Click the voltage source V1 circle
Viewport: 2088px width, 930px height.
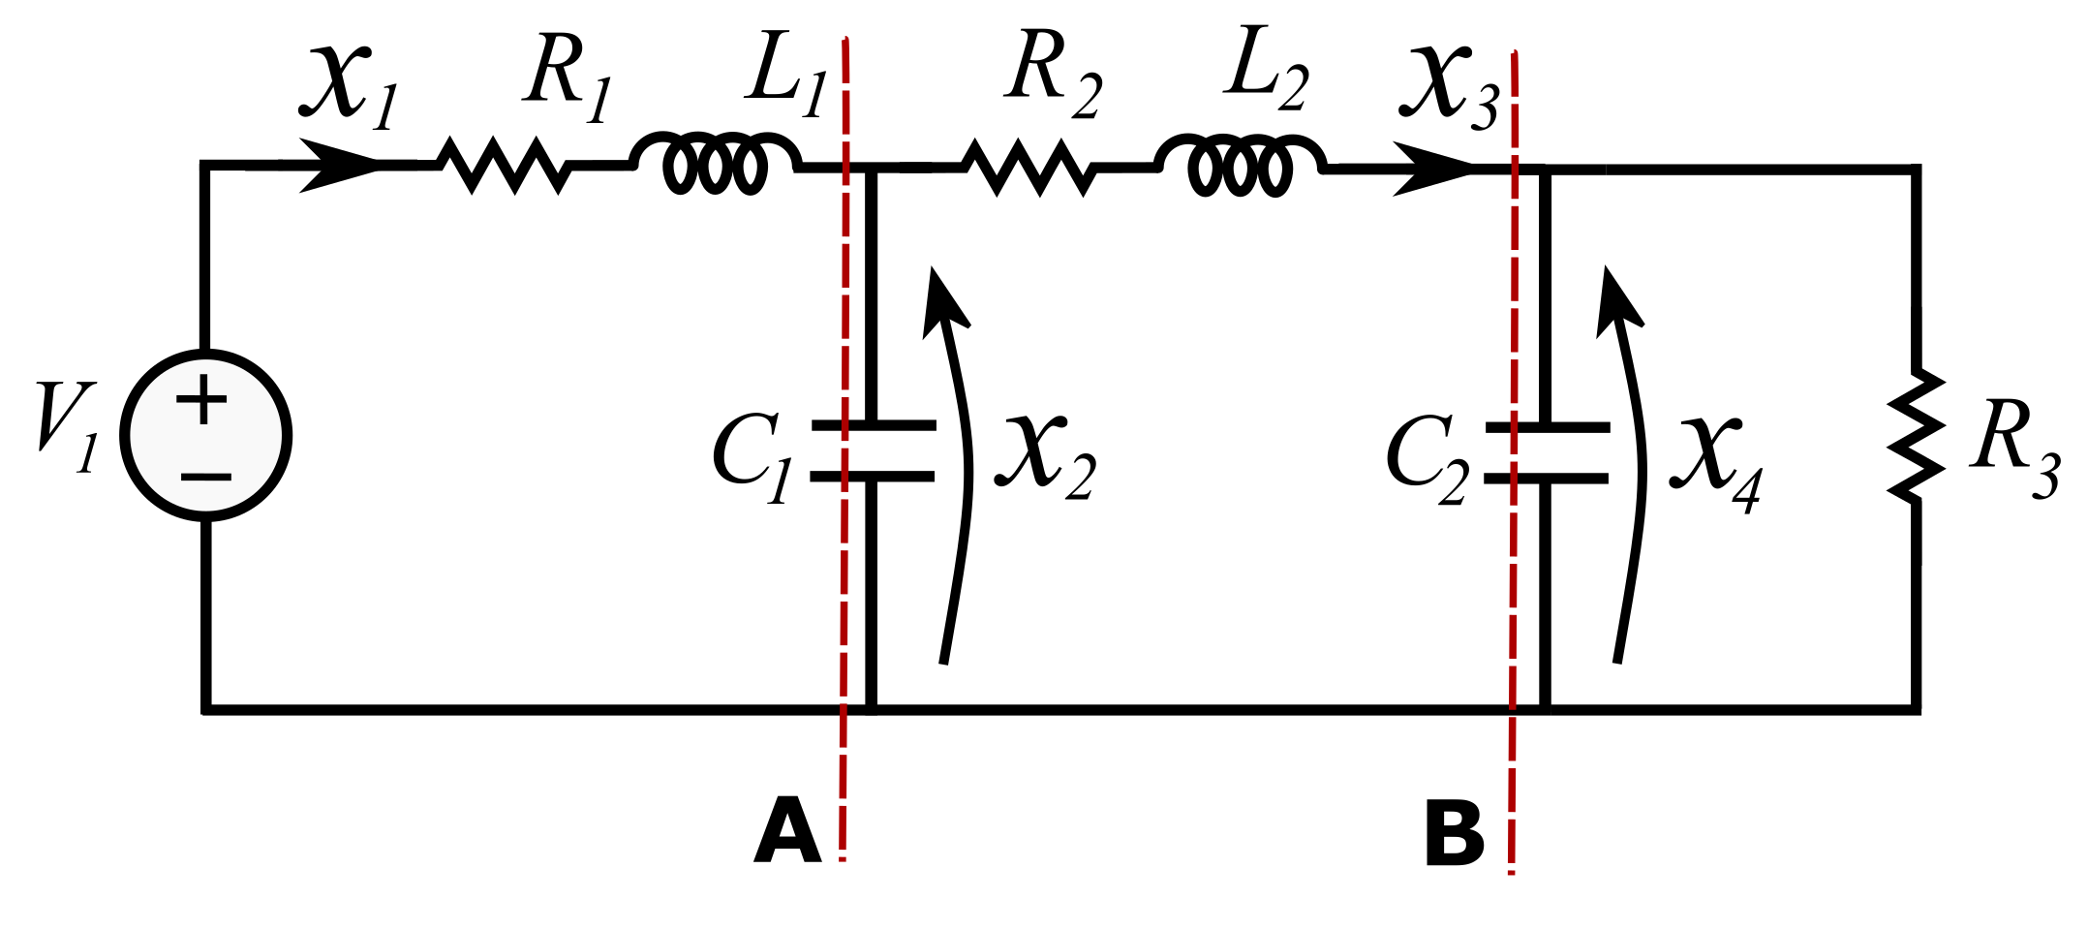(205, 435)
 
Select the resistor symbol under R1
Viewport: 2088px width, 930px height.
(505, 166)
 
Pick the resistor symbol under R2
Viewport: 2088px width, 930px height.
(1030, 168)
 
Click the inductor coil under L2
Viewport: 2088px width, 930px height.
(1241, 166)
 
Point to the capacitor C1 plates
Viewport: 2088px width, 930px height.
(873, 450)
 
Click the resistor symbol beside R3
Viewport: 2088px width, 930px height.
(1916, 435)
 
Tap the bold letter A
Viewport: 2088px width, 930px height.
(787, 831)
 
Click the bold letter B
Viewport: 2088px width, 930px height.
(1454, 833)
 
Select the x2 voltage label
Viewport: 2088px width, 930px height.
(1046, 455)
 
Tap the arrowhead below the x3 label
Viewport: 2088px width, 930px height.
(1433, 168)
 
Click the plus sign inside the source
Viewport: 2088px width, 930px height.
(202, 398)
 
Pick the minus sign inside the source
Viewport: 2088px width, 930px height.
(205, 477)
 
